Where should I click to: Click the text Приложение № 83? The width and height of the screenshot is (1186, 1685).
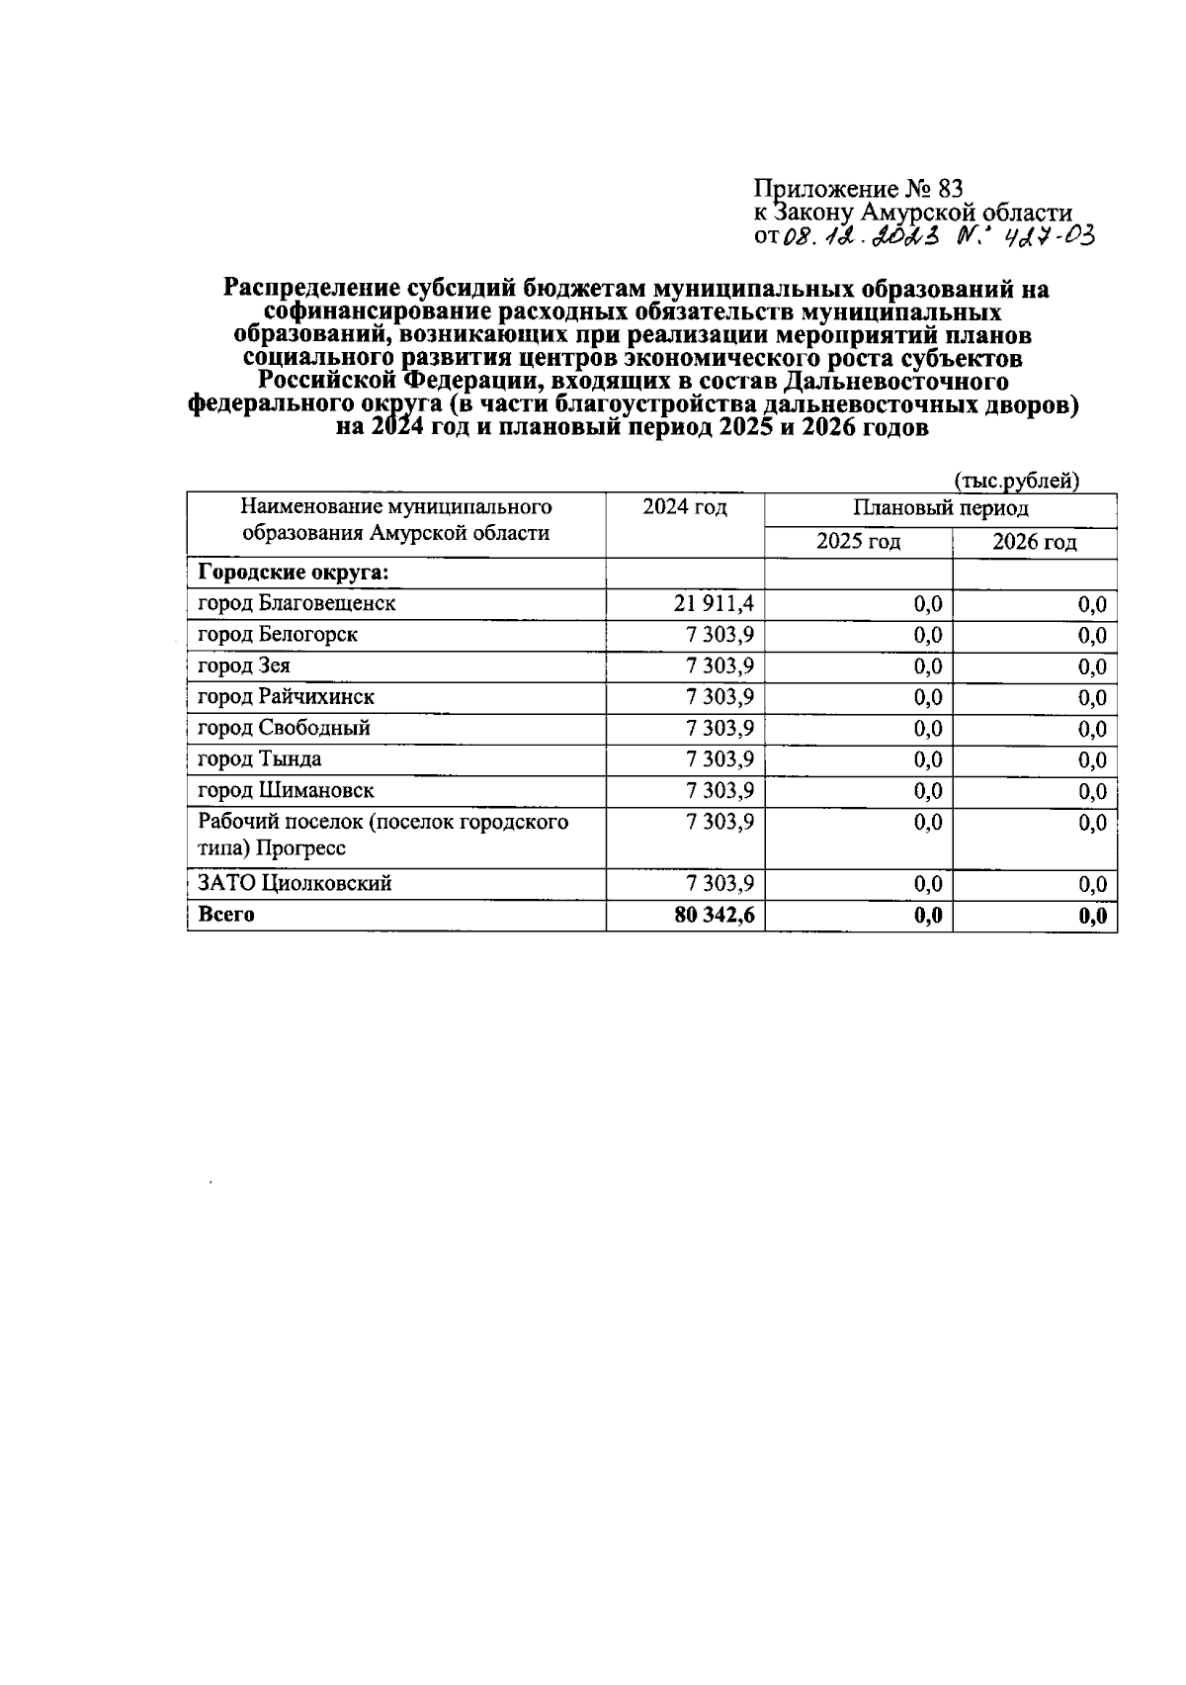tap(857, 188)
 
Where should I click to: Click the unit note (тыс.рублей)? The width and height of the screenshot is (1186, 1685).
tap(1016, 482)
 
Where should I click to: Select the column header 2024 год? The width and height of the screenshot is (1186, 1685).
tap(684, 508)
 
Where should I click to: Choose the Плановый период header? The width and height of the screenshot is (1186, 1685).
tap(940, 508)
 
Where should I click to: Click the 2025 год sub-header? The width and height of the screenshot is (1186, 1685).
tap(858, 542)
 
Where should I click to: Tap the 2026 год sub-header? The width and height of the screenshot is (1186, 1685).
tap(1034, 542)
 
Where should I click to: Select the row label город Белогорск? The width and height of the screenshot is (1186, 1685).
tap(278, 635)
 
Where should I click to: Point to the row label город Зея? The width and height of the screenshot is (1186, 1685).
tap(244, 666)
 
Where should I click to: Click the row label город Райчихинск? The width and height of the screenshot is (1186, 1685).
tap(286, 697)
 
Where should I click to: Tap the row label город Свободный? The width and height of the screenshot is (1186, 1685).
tap(284, 729)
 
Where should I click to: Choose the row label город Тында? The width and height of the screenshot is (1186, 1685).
tap(259, 759)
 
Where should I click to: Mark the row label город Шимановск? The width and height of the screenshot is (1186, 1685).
tap(286, 791)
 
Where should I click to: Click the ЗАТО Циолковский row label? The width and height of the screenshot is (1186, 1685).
tap(295, 883)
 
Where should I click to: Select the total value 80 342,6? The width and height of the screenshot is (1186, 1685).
tap(714, 916)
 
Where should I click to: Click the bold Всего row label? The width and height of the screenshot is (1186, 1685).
tap(226, 915)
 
